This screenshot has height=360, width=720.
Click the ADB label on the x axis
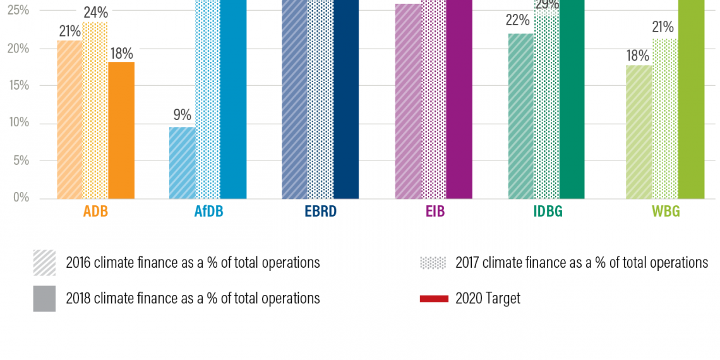pos(95,212)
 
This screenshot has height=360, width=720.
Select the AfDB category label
pos(208,212)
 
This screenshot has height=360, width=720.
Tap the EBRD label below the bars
pos(320,212)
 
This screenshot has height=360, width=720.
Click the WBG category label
pos(666,212)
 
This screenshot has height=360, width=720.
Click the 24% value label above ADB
pos(95,13)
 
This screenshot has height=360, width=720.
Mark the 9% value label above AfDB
pos(182,115)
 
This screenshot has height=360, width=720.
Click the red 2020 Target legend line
pos(433,298)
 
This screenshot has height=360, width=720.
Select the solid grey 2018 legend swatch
pos(44,299)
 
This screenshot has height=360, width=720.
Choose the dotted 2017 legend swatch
pos(433,263)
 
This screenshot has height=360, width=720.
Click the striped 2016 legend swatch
pos(44,263)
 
